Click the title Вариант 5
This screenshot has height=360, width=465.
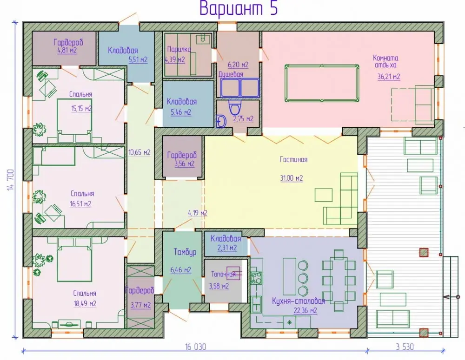click(239, 8)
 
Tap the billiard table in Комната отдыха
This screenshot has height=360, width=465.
click(322, 84)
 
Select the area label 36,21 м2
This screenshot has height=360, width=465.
click(388, 77)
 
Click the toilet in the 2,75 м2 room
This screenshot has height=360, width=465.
click(235, 108)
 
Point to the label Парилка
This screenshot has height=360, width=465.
click(179, 49)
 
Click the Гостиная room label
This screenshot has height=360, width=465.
click(293, 159)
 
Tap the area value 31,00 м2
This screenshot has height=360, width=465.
click(292, 178)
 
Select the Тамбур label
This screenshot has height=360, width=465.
click(185, 252)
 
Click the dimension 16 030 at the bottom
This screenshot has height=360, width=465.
click(195, 347)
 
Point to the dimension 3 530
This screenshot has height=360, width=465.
click(405, 347)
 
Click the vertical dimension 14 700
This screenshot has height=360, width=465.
click(10, 180)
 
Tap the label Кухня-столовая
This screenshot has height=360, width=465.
click(299, 301)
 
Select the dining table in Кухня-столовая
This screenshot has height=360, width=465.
click(339, 281)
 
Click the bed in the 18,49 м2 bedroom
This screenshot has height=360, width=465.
click(74, 260)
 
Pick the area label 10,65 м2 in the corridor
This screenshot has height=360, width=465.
click(139, 152)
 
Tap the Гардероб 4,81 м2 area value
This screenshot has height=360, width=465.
click(67, 50)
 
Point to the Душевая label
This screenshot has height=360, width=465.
click(231, 74)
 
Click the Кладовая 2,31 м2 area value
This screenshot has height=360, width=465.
click(227, 248)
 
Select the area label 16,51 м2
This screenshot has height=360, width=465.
click(80, 204)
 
